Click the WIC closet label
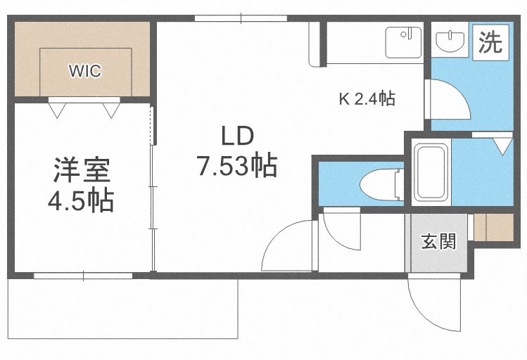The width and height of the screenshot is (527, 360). coord(84,70)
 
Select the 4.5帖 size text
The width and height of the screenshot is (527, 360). coord(81,202)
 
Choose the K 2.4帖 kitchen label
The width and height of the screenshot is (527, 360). coord(367,99)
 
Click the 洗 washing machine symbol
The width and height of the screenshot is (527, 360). coord(490,43)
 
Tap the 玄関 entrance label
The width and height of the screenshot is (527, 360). coord(438,242)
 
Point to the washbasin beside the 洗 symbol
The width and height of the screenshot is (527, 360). coord(449,42)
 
